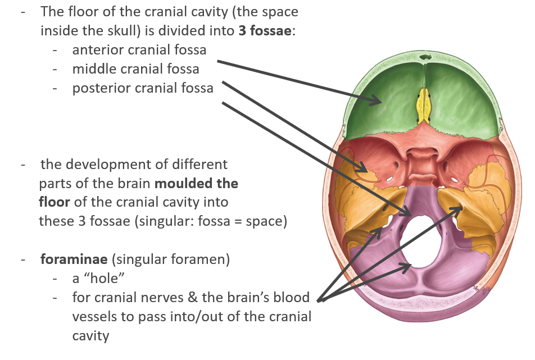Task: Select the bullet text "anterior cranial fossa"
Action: (x=139, y=49)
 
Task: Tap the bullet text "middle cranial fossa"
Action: (x=135, y=69)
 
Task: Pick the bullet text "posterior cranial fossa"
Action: (x=143, y=88)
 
